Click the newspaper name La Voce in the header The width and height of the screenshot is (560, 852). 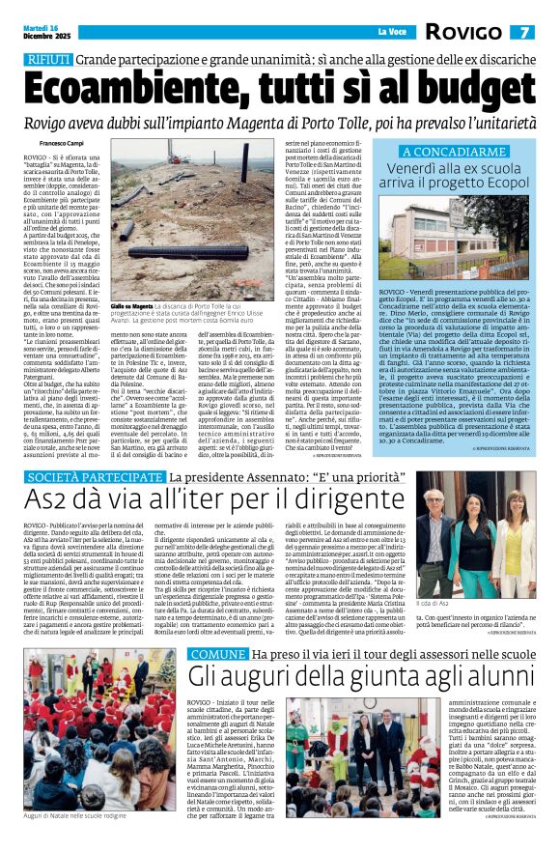(391, 33)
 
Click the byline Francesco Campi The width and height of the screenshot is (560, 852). (48, 143)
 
